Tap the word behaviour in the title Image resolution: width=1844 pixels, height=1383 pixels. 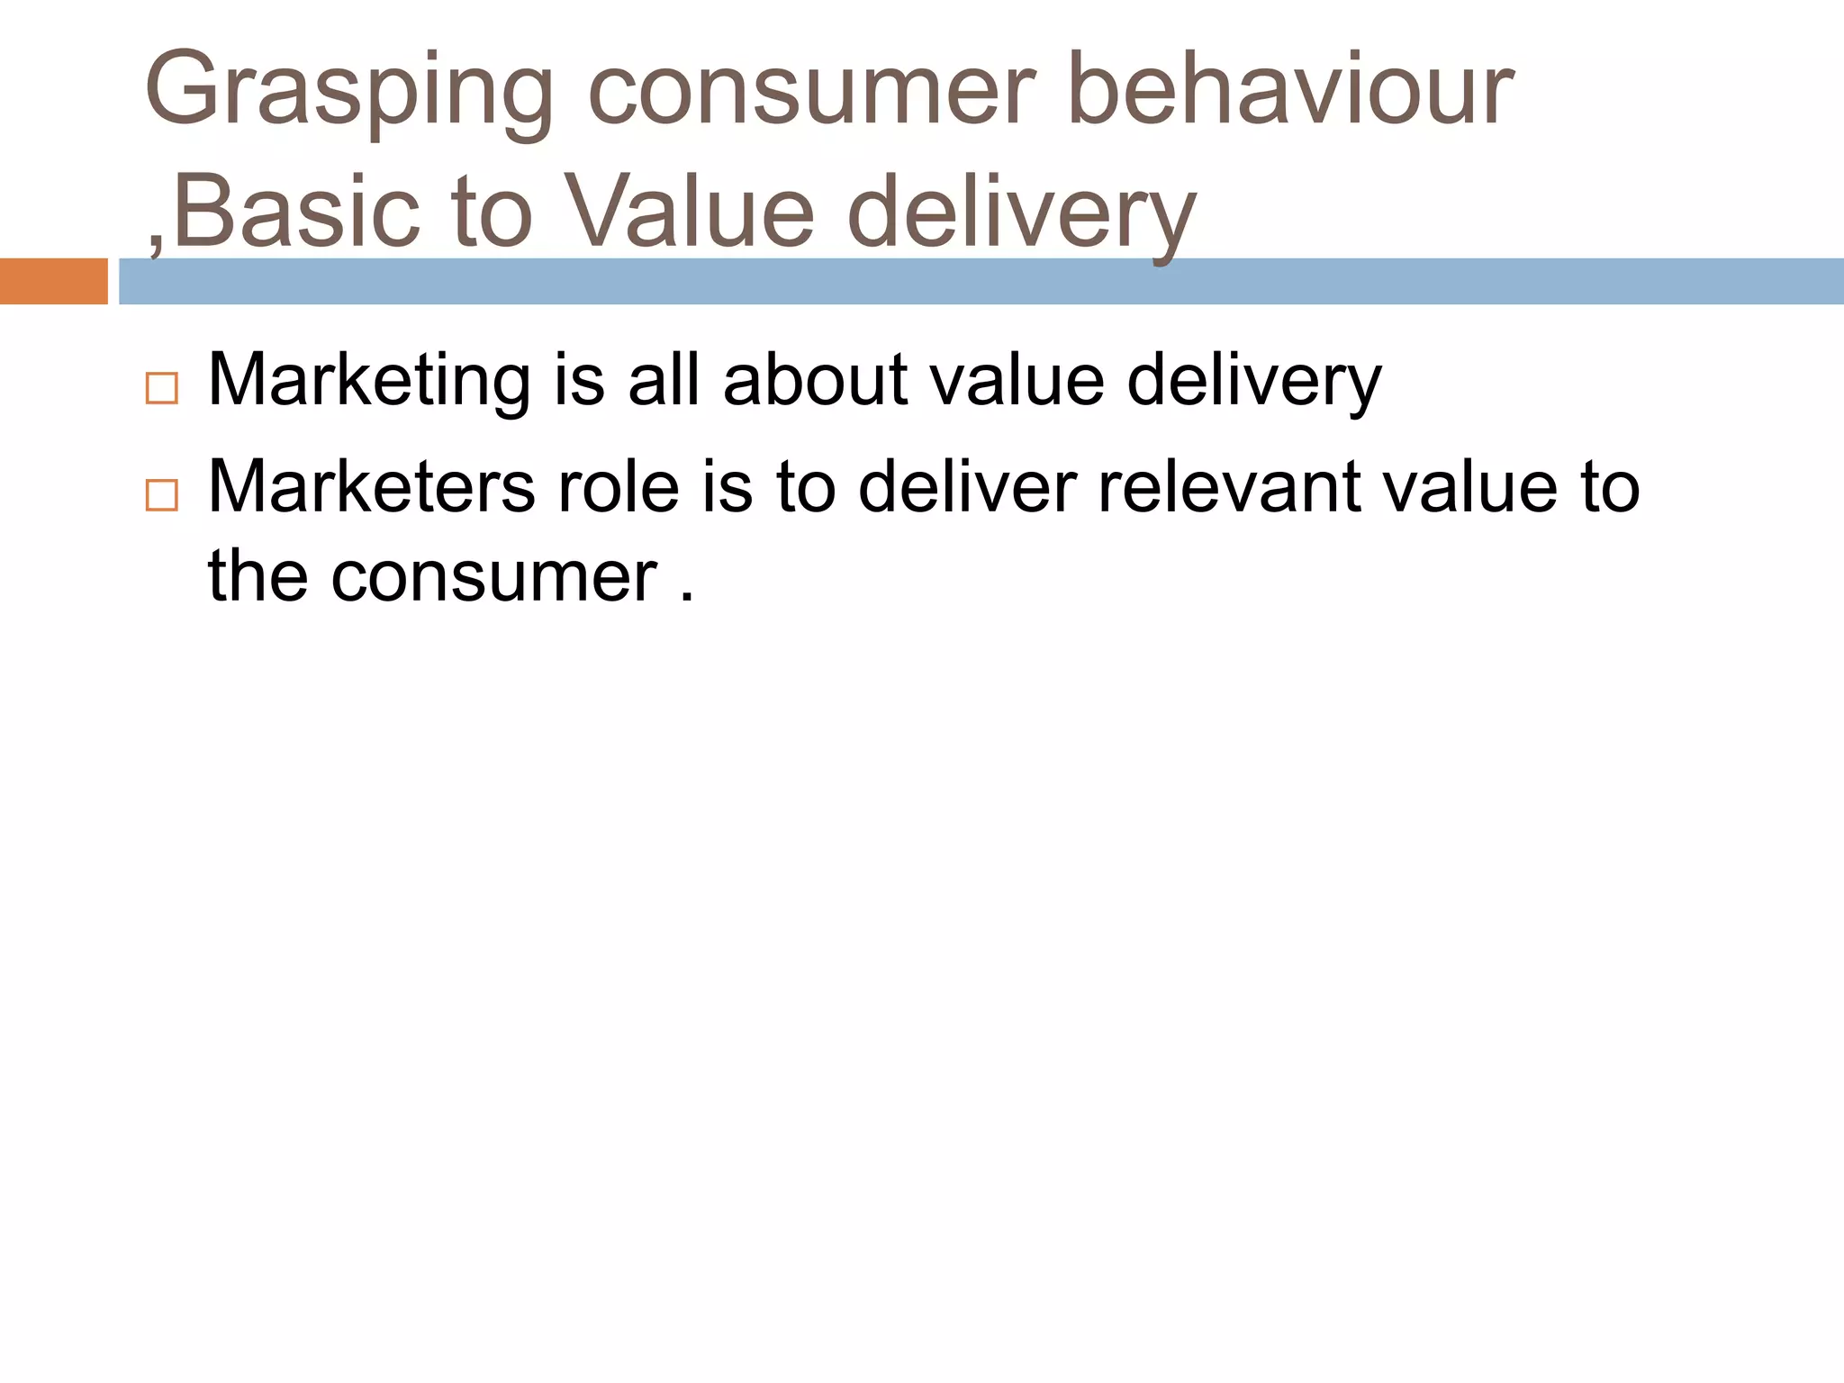(1289, 90)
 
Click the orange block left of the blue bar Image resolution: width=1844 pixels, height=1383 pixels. (53, 281)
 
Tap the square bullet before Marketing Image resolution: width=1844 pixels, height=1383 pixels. (162, 389)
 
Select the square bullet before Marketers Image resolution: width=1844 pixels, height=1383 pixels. (162, 496)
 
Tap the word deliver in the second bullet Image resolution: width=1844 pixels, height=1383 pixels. (967, 487)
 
